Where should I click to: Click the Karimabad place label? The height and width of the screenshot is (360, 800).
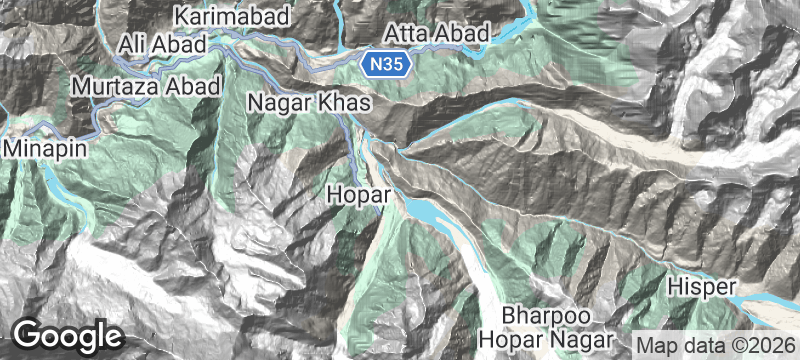[x=231, y=16]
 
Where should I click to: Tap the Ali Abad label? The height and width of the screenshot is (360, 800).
[x=161, y=44]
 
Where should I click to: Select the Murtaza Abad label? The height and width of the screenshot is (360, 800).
[x=145, y=87]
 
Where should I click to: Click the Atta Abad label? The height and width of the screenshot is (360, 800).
[x=437, y=34]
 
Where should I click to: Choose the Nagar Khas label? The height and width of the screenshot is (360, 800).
[x=309, y=103]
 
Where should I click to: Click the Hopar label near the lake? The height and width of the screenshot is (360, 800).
[x=357, y=192]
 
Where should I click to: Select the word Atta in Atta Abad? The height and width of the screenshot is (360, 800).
[x=407, y=34]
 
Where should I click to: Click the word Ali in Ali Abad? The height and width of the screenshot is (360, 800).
[x=133, y=44]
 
